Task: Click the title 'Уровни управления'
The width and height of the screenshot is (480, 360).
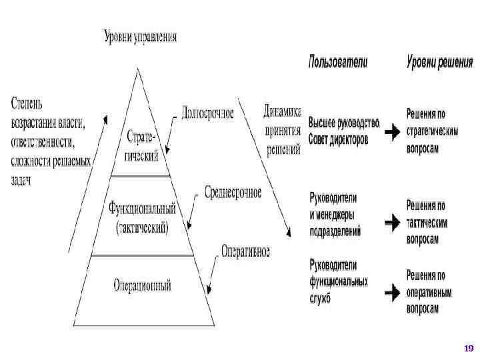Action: point(140,36)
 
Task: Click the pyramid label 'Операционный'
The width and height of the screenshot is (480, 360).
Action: point(141,287)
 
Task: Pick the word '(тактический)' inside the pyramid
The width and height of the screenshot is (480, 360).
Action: point(142,227)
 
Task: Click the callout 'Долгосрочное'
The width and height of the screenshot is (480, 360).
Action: point(207,114)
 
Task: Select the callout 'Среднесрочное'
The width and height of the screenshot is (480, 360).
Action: point(233,193)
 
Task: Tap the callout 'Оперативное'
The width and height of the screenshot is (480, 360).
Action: point(245,251)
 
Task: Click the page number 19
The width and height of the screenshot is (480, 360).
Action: point(467,349)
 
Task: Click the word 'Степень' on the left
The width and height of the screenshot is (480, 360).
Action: point(27,105)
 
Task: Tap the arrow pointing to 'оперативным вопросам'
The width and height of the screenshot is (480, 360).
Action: point(392,291)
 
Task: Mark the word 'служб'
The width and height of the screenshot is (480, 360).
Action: point(320,299)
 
